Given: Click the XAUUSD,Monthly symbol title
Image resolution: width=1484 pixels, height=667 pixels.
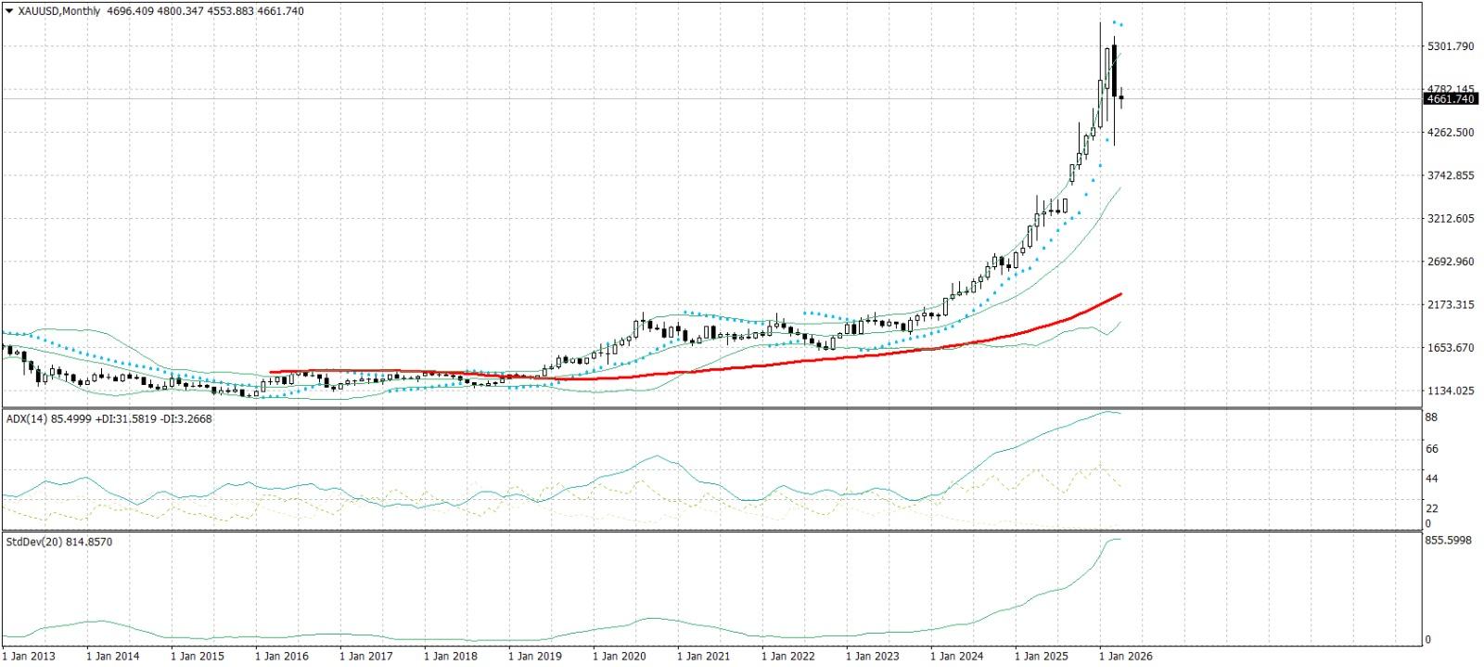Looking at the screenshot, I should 59,11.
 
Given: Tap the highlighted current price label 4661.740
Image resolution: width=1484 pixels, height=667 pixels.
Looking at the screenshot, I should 1450,99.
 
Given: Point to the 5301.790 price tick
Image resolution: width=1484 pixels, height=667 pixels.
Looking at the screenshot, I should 1451,46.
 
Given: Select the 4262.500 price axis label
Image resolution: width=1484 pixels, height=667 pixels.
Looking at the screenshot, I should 1451,133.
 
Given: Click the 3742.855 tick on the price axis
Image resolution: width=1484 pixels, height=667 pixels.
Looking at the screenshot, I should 1451,175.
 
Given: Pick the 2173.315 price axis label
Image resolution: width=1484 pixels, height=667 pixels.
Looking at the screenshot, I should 1451,304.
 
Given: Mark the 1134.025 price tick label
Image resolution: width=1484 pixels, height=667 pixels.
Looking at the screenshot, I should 1451,391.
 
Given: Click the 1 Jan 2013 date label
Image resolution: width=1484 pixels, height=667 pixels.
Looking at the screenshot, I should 30,656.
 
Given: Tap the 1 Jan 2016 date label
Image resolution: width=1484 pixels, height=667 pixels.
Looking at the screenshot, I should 282,656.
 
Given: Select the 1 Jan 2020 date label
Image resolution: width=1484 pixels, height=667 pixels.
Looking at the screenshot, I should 619,656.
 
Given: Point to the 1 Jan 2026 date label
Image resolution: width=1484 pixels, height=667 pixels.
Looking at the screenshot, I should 1125,656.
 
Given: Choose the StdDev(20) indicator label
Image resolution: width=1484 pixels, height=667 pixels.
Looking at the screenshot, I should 33,541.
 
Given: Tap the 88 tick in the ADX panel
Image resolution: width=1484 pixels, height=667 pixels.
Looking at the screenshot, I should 1431,417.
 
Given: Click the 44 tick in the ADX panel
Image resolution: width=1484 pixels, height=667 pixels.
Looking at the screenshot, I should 1431,479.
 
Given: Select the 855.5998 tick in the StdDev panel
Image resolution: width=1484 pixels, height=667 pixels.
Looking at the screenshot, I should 1448,540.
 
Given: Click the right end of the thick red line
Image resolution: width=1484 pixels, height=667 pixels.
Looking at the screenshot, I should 1120,294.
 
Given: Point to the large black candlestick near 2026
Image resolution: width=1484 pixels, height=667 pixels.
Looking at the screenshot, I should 1114,71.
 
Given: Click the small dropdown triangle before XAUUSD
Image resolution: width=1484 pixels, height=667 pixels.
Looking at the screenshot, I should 9,11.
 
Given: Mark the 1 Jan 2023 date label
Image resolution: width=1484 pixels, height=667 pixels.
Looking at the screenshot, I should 873,656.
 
